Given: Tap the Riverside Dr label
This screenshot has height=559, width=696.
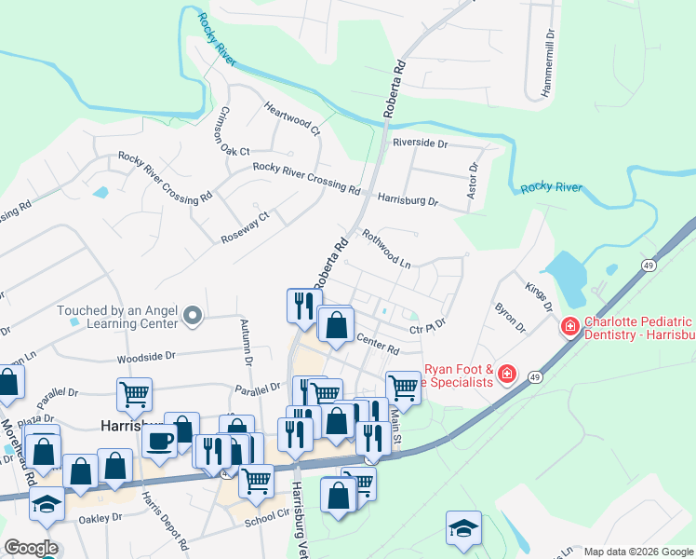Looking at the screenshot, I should pos(420,143).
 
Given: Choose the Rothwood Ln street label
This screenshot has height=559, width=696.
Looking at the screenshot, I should pos(386,250).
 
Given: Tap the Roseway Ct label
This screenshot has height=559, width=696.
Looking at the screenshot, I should pos(245,228).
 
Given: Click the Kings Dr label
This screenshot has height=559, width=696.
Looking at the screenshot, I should pos(539,298).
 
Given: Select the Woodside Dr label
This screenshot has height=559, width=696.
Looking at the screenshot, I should pos(146,356).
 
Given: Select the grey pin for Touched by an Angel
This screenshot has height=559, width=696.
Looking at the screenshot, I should pos(193,317).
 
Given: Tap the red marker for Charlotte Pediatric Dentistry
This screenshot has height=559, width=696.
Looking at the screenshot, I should pos(569,328).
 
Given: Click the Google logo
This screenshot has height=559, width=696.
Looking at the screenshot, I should pos(31,548).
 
